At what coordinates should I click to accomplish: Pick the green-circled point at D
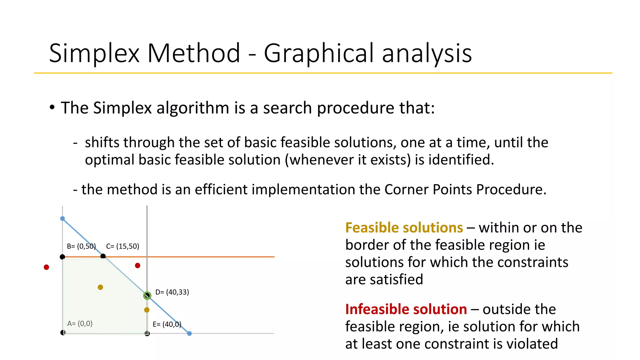tap(147, 295)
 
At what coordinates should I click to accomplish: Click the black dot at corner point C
tap(103, 256)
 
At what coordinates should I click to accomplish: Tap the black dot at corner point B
tap(62, 257)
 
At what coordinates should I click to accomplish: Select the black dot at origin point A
tap(63, 332)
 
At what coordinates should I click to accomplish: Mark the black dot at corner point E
tap(147, 333)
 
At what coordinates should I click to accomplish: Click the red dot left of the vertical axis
tap(46, 267)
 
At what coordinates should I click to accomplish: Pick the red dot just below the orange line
tap(137, 266)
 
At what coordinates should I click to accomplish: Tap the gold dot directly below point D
tap(147, 310)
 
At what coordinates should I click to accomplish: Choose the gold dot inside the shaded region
tap(100, 287)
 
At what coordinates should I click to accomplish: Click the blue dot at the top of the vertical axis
tap(62, 218)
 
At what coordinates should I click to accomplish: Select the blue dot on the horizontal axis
tap(189, 333)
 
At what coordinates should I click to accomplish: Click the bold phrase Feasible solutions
tap(404, 227)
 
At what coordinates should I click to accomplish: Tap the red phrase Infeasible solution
tap(406, 309)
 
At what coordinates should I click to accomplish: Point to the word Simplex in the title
tap(94, 53)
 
